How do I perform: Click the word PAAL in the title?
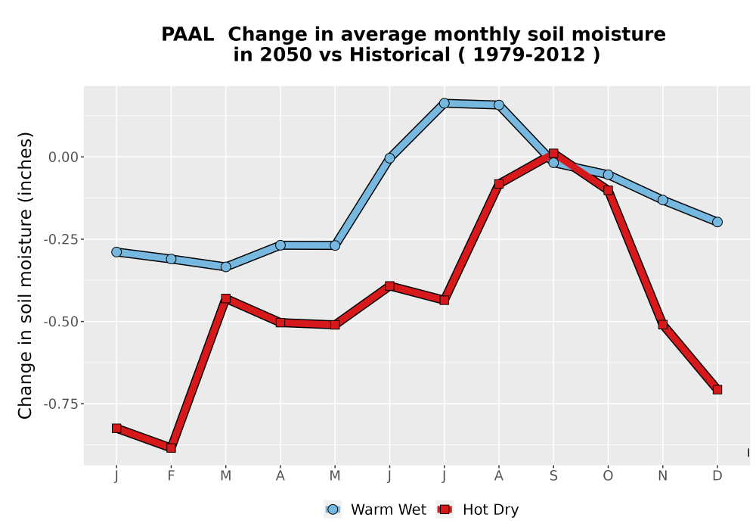[187, 35]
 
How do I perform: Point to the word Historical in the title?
[400, 55]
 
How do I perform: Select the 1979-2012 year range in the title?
[529, 55]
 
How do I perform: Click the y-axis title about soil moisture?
[25, 275]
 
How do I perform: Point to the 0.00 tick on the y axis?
[64, 157]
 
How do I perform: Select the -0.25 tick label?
[60, 239]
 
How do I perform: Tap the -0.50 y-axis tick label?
[60, 322]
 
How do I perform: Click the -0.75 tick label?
[60, 404]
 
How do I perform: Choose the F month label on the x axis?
[171, 476]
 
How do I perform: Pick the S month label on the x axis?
[553, 476]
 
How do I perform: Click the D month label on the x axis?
[717, 476]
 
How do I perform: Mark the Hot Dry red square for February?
[171, 448]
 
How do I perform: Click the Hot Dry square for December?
[717, 389]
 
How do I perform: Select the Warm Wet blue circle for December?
[717, 222]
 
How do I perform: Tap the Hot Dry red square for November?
[663, 325]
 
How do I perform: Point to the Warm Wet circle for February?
[171, 259]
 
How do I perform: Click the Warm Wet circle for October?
[608, 175]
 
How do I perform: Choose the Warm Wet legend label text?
[389, 510]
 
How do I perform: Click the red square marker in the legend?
[445, 510]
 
